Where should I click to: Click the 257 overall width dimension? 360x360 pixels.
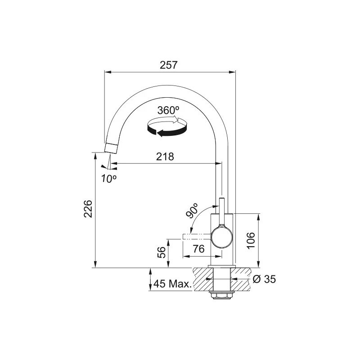[x=169, y=65]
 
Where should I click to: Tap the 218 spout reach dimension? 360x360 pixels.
[x=165, y=157]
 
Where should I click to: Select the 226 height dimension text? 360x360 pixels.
[x=88, y=209]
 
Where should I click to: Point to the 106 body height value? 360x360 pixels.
[x=251, y=240]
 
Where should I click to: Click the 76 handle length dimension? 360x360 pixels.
[x=198, y=249]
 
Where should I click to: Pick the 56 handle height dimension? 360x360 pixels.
[x=162, y=252]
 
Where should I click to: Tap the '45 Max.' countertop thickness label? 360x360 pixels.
[x=172, y=284]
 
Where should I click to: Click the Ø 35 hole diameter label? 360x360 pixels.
[x=264, y=279]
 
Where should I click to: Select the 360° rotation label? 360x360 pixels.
[x=168, y=110]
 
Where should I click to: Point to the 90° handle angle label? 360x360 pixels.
[x=192, y=210]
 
